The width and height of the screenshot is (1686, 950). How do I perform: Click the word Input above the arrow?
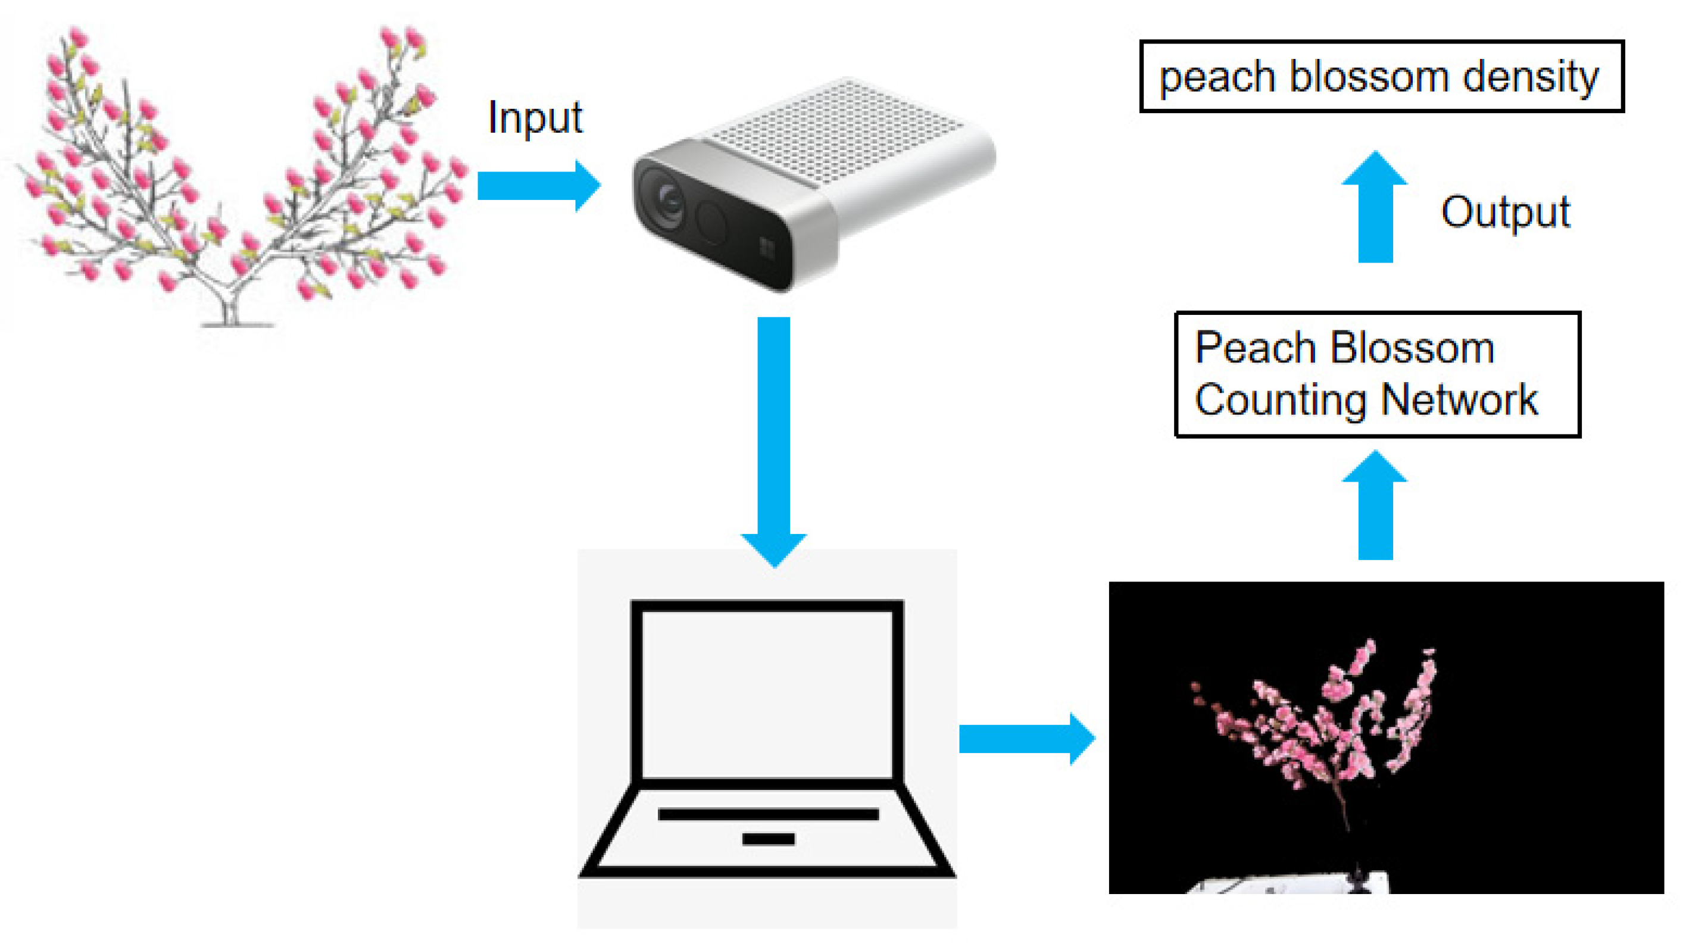point(535,118)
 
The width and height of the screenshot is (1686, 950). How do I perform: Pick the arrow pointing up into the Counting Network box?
point(1375,507)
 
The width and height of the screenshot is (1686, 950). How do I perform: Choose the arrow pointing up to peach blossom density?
point(1375,210)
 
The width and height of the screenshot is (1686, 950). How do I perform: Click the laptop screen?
point(767,693)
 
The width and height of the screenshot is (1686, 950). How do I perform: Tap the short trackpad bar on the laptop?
point(769,839)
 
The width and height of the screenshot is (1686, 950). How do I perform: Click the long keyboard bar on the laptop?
point(769,814)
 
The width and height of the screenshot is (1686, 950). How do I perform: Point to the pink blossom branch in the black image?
point(1316,726)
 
